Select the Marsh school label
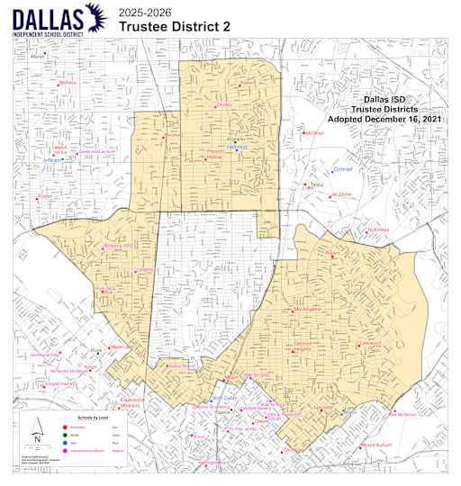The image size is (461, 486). tap(37, 57)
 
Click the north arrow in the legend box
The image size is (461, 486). tap(37, 428)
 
